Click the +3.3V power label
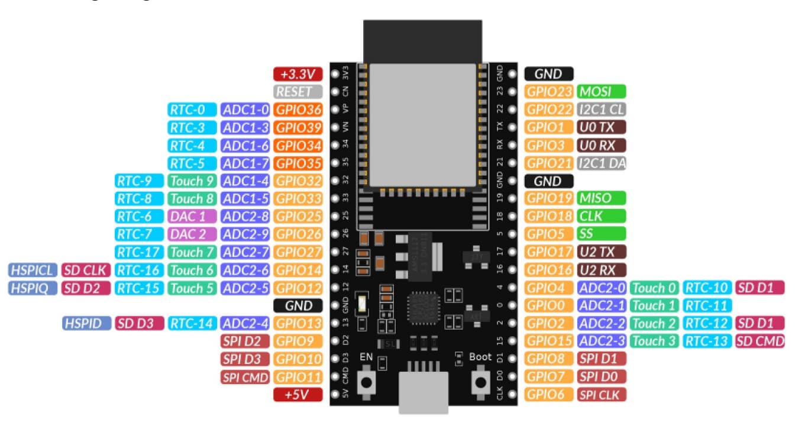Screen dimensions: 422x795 click(298, 74)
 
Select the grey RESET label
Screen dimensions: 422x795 click(298, 92)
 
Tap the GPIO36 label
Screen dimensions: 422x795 click(299, 109)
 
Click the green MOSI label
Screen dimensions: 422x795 click(602, 92)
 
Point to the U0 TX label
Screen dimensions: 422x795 click(602, 127)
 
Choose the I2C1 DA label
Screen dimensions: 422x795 click(602, 163)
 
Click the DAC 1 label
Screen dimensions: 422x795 click(192, 217)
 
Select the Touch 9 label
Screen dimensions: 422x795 click(192, 181)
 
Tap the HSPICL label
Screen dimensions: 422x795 click(33, 270)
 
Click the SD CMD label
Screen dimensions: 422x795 click(760, 341)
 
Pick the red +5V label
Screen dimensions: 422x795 click(298, 395)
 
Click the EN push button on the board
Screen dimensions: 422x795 click(369, 383)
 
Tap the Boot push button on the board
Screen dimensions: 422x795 click(479, 383)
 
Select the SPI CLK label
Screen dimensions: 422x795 click(602, 395)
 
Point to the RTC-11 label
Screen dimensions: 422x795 click(707, 305)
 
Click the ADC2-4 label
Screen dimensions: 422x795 click(245, 323)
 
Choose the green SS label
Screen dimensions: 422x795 click(602, 234)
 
